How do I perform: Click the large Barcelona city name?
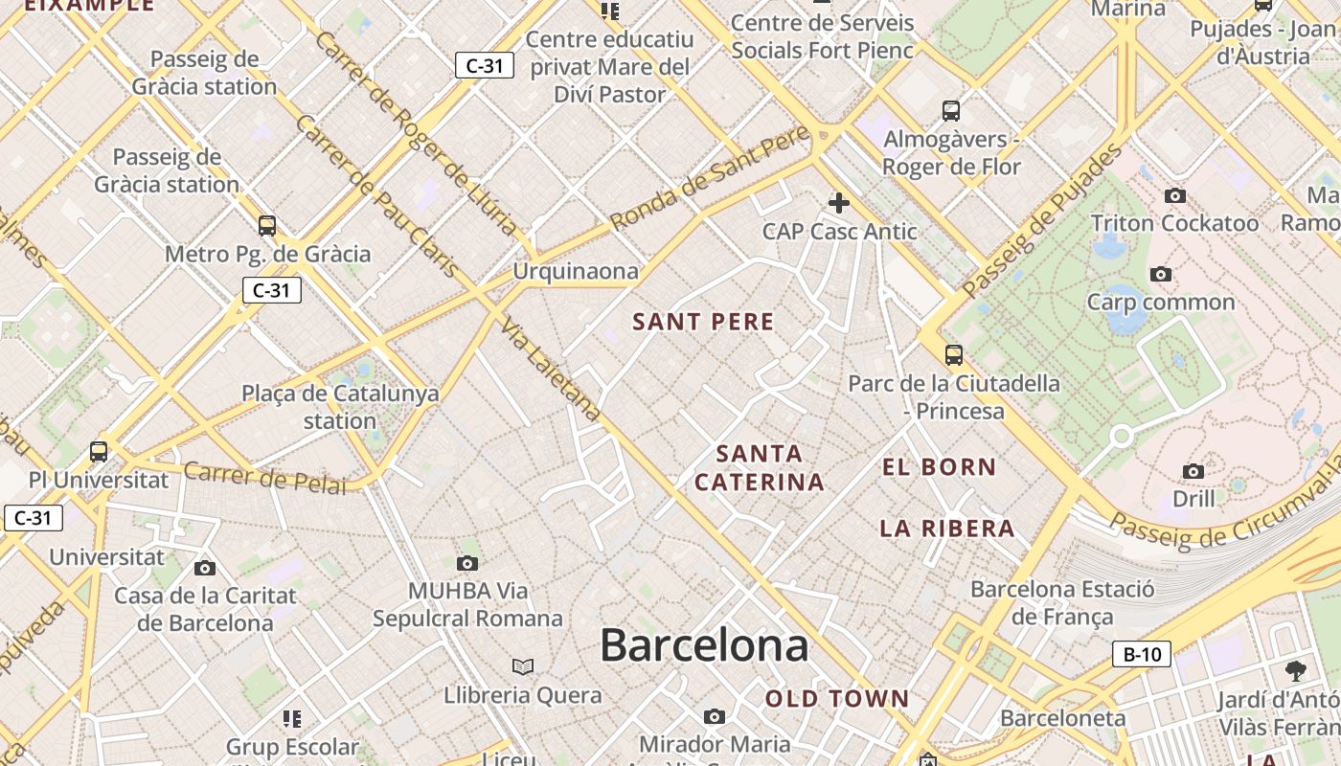[x=704, y=646]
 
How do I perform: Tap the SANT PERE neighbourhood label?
[x=703, y=322]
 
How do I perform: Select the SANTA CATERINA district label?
[x=760, y=467]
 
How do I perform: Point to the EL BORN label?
[x=939, y=467]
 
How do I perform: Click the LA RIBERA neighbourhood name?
[x=946, y=529]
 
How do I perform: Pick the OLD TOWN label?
[x=836, y=699]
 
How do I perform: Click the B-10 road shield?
[x=1142, y=655]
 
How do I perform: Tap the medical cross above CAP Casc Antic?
[x=839, y=203]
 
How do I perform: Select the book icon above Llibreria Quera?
[x=523, y=666]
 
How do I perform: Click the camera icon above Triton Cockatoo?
[x=1175, y=196]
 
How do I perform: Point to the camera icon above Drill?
[x=1193, y=471]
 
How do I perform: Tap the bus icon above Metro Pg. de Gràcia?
[x=267, y=226]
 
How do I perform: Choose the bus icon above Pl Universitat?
[x=99, y=452]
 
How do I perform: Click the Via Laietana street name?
[x=550, y=369]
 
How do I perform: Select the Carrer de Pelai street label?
[x=264, y=478]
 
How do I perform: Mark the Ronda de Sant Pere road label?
[x=710, y=178]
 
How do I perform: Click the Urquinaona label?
[x=575, y=271]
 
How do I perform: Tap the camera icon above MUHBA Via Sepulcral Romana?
[x=467, y=563]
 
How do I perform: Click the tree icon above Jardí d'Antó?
[x=1296, y=670]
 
